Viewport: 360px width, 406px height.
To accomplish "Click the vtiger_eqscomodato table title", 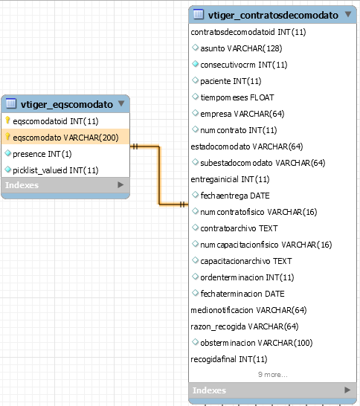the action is (x=66, y=104).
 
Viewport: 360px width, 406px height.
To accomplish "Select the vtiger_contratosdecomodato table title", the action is (x=273, y=16).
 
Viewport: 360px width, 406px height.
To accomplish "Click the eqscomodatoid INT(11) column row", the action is (x=56, y=121).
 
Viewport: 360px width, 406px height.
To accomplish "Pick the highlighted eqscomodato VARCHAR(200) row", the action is (x=65, y=138).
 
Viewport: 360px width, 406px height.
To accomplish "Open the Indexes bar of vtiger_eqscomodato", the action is (x=65, y=185).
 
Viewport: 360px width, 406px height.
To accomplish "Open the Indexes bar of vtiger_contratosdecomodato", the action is (x=272, y=390).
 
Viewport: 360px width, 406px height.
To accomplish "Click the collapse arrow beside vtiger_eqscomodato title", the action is (x=121, y=103).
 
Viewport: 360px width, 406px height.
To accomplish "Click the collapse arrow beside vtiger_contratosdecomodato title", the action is (x=348, y=14).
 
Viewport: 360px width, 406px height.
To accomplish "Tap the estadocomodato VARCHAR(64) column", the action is (x=246, y=146).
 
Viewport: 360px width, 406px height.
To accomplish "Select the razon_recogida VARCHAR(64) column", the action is (x=244, y=326).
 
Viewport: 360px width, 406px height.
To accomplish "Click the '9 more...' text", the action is (x=273, y=375).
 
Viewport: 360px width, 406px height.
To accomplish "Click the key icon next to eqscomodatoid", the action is (x=7, y=120).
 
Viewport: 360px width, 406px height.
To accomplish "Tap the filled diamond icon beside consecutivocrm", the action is (x=196, y=64).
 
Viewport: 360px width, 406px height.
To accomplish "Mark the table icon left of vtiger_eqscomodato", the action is (x=11, y=103).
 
